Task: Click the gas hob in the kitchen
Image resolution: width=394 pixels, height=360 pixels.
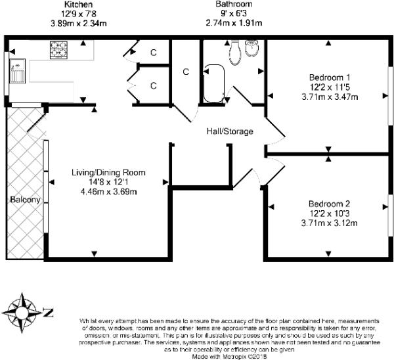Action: (x=59, y=50)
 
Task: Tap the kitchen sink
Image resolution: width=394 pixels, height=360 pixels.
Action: (x=17, y=71)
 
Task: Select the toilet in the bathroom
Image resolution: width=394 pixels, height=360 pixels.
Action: (x=235, y=53)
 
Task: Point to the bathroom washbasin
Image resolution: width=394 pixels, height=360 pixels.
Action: (x=252, y=49)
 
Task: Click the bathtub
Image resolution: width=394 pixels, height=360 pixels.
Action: (x=214, y=84)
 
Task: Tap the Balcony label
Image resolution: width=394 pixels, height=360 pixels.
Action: (x=25, y=200)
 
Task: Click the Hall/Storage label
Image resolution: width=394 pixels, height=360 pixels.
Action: (x=230, y=131)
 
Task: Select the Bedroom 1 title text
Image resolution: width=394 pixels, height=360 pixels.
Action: (x=330, y=78)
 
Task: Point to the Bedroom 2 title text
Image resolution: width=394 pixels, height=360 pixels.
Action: (x=329, y=204)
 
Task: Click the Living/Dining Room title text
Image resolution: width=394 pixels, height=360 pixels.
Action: (x=108, y=173)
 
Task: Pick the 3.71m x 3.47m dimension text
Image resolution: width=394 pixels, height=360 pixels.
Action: (x=330, y=97)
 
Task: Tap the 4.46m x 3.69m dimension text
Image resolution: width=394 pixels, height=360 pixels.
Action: (x=108, y=192)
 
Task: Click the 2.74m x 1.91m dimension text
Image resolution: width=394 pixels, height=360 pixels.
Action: (x=234, y=23)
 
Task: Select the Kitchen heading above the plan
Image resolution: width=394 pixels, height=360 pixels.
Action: (x=78, y=5)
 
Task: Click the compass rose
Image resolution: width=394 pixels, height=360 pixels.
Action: (x=22, y=313)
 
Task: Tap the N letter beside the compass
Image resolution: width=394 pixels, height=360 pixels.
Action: (x=48, y=312)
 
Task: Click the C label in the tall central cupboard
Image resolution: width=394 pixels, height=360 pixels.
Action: (x=186, y=72)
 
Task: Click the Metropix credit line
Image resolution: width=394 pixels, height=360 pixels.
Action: (x=229, y=357)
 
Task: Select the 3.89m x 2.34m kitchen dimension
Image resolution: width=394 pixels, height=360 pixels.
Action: (x=79, y=24)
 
